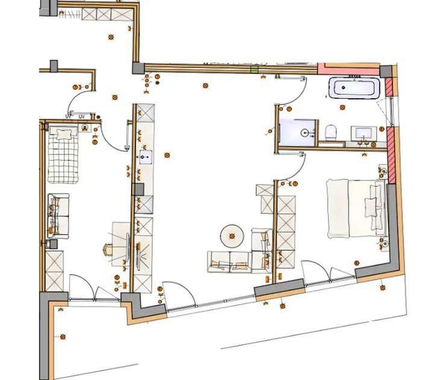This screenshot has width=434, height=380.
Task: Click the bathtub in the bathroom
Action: (x=354, y=89)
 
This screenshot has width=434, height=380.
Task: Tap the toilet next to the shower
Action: (x=330, y=131)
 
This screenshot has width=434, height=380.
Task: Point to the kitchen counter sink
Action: (x=146, y=158)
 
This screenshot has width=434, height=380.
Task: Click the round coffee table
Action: (x=231, y=234)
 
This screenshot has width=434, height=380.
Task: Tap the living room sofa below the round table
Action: (x=230, y=261)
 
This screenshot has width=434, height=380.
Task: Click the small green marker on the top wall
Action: (x=254, y=69)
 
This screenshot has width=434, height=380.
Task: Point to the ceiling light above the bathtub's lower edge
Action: (x=344, y=107)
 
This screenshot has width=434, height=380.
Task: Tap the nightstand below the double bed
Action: (x=383, y=243)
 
